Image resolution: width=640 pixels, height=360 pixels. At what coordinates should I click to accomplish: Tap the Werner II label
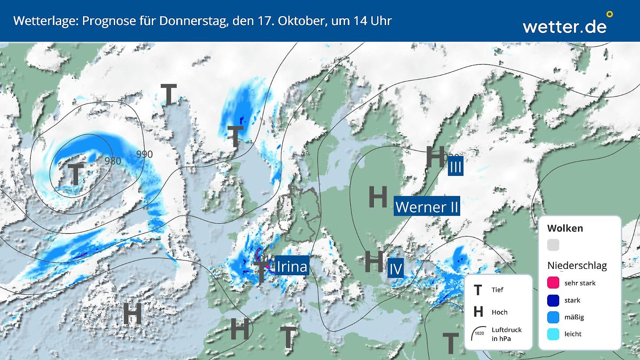(427, 207)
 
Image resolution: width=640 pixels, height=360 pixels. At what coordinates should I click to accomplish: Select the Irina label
(292, 267)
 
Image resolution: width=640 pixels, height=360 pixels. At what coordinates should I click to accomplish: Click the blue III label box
(455, 167)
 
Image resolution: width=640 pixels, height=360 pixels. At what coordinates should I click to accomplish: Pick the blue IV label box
(395, 269)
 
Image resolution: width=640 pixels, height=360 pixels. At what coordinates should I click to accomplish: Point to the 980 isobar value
(112, 161)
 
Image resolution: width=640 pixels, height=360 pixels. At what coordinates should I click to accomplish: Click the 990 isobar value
(144, 154)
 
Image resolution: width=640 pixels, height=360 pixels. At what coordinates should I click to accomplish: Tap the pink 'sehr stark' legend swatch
(553, 283)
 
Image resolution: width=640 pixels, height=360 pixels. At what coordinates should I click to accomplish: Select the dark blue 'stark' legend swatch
(553, 300)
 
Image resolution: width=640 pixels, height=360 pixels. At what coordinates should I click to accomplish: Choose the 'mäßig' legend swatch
(553, 317)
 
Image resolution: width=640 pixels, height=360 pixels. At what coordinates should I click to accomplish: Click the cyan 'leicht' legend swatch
(553, 334)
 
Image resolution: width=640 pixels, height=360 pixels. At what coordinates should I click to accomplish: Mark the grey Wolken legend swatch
(553, 245)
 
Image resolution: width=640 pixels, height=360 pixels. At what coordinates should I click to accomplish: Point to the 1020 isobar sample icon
(479, 333)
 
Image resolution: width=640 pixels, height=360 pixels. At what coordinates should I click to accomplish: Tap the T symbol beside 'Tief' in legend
(478, 290)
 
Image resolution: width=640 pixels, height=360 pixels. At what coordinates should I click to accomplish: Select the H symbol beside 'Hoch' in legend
(478, 312)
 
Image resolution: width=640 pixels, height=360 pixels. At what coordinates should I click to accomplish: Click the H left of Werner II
(378, 197)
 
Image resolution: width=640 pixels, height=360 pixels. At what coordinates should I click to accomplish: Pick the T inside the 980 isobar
(75, 174)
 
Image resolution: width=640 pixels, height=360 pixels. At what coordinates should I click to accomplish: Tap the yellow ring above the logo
(610, 14)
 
